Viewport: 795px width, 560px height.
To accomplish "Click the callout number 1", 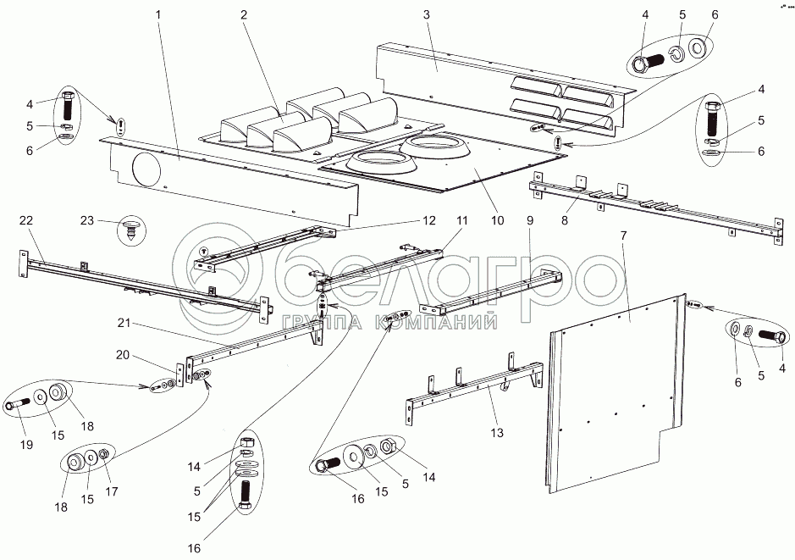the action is point(158,14).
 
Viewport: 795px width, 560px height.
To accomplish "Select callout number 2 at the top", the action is point(244,14).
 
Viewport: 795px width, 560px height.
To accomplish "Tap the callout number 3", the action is point(427,14).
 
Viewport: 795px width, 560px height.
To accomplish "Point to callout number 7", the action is point(624,235).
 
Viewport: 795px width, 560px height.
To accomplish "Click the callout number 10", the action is point(498,220).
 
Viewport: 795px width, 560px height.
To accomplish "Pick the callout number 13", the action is point(497,432).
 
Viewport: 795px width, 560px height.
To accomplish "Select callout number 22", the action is point(26,219).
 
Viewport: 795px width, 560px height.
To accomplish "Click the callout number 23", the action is point(87,220).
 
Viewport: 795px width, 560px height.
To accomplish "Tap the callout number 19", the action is point(26,444).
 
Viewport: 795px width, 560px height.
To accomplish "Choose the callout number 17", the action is point(112,491).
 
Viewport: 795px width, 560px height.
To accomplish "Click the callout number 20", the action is point(122,355).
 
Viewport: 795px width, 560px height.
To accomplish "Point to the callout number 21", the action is point(124,323).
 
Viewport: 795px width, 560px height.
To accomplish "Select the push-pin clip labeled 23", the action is point(132,230).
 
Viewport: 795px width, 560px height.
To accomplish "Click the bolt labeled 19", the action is point(19,406).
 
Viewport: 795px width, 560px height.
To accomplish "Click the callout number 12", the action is point(429,220).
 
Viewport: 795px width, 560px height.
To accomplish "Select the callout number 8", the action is point(565,220).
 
